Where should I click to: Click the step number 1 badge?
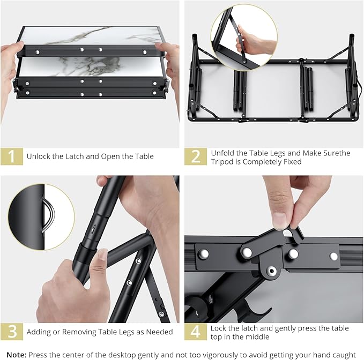pos(11,156)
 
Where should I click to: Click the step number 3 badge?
pos(11,332)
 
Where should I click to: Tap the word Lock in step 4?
pos(220,328)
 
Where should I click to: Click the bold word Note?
pos(16,355)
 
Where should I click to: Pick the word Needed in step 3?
pos(159,332)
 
